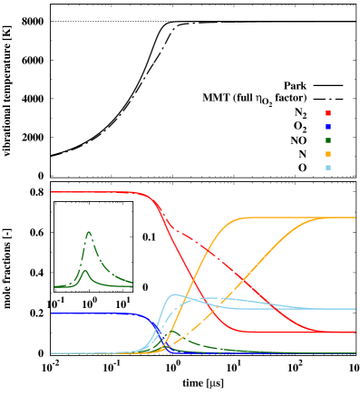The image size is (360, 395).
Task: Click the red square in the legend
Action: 327,113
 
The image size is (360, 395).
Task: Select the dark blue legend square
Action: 327,127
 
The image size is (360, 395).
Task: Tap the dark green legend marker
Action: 327,140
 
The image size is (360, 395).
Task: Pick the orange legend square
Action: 327,154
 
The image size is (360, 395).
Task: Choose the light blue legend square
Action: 327,168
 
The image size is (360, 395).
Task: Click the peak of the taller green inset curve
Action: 89,233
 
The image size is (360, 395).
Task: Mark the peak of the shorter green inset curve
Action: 84,271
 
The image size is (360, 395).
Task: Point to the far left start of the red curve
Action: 52,192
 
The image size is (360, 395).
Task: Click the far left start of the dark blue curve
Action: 52,313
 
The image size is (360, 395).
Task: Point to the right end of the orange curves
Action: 355,217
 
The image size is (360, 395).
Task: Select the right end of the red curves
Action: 355,332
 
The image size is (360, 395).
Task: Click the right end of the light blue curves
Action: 355,309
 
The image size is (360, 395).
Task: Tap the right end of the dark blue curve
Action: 355,353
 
